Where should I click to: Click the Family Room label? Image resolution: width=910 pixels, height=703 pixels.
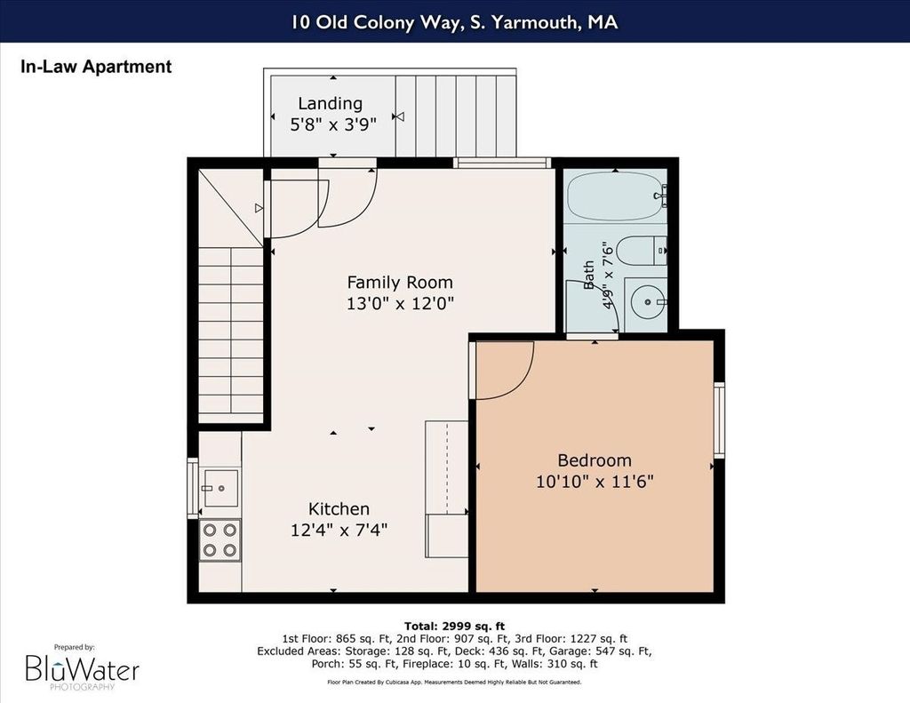click(x=400, y=283)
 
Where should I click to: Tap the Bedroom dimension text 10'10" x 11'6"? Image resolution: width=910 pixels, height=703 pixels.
click(x=595, y=482)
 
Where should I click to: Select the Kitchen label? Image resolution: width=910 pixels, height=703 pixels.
click(x=339, y=509)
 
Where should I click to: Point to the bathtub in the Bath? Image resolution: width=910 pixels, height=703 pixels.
click(x=616, y=196)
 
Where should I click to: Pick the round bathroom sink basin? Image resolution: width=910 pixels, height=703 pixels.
click(x=646, y=302)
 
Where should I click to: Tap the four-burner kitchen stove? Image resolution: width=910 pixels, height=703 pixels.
click(x=220, y=539)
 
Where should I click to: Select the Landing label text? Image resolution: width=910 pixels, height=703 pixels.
click(x=331, y=103)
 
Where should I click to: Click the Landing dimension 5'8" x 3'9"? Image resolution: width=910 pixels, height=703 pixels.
click(x=333, y=124)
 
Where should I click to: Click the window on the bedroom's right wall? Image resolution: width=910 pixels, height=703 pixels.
click(x=719, y=419)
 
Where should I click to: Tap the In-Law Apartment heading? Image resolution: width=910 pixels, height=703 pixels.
click(x=96, y=67)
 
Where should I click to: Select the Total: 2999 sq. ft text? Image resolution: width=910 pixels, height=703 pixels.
click(x=454, y=626)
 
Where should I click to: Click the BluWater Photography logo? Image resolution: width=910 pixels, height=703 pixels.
click(x=82, y=667)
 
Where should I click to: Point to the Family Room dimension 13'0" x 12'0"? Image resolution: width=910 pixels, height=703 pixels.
click(x=400, y=304)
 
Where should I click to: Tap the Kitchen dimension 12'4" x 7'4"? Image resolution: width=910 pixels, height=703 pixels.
click(x=339, y=530)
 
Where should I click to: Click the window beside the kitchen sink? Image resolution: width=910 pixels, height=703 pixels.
click(x=192, y=488)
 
